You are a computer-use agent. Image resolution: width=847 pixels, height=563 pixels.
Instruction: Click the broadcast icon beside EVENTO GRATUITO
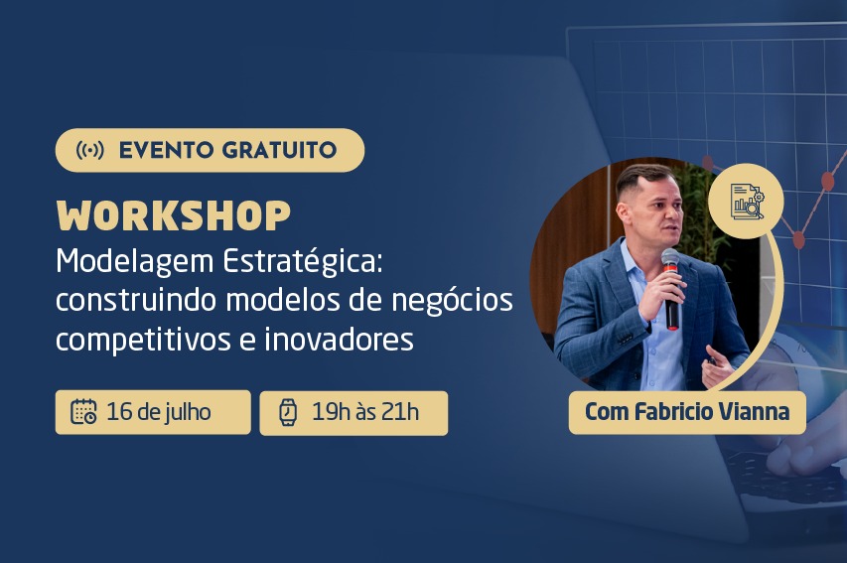tap(89, 150)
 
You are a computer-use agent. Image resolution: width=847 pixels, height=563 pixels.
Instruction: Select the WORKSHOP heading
tap(174, 216)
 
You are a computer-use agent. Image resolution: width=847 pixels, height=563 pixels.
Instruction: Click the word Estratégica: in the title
tap(303, 261)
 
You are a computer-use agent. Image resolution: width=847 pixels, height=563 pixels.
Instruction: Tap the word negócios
tap(452, 302)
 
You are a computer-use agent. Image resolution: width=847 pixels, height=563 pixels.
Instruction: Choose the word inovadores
tap(339, 340)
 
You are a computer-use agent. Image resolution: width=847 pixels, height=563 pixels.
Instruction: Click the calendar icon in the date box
tap(83, 412)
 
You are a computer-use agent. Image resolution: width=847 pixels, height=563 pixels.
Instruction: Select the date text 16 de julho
tap(158, 412)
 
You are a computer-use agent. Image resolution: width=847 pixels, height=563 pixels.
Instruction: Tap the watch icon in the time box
tap(288, 412)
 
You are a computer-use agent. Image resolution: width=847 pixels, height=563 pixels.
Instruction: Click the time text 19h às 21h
tap(365, 412)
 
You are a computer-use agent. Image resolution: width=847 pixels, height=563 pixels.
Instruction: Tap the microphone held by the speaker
tap(671, 288)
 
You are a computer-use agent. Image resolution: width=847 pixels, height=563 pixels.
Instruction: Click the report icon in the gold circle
tap(746, 201)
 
